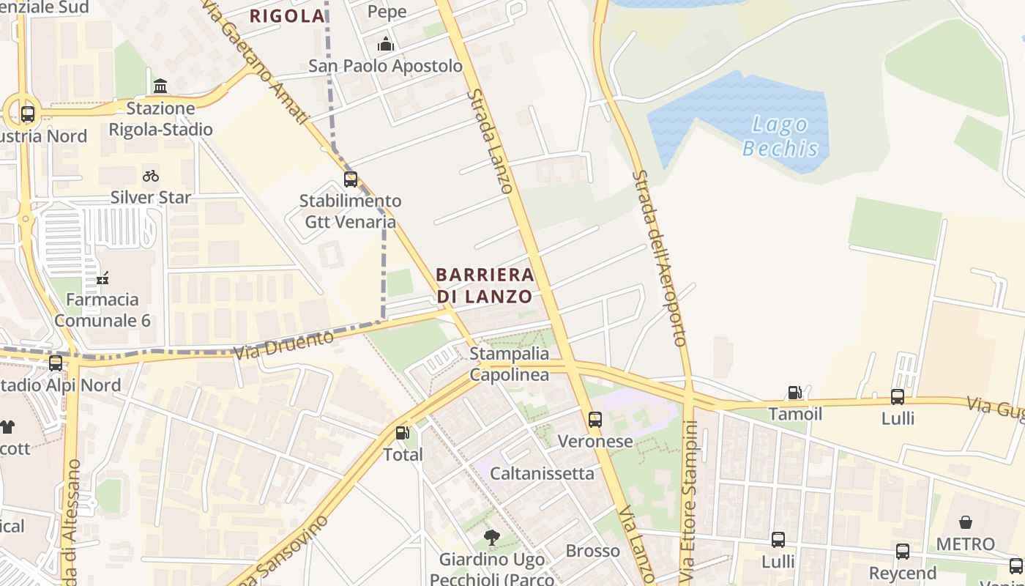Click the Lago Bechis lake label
pyautogui.click(x=780, y=136)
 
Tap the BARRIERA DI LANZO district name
pyautogui.click(x=485, y=286)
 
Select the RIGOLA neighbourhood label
pyautogui.click(x=287, y=16)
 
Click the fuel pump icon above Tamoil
pyautogui.click(x=794, y=393)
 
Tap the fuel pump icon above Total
pyautogui.click(x=402, y=433)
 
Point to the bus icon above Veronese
pyautogui.click(x=595, y=420)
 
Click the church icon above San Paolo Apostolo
pyautogui.click(x=385, y=45)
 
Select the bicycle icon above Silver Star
pyautogui.click(x=151, y=176)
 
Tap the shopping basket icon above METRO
pyautogui.click(x=966, y=522)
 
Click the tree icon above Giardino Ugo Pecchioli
pyautogui.click(x=492, y=538)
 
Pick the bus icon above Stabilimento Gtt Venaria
pyautogui.click(x=351, y=179)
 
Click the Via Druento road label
pyautogui.click(x=283, y=344)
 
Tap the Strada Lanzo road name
pyautogui.click(x=489, y=141)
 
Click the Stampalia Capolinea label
pyautogui.click(x=509, y=364)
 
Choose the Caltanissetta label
pyautogui.click(x=542, y=473)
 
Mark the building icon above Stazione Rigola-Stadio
pyautogui.click(x=160, y=86)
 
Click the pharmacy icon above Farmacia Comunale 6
pyautogui.click(x=102, y=278)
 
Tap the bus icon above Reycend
pyautogui.click(x=903, y=552)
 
